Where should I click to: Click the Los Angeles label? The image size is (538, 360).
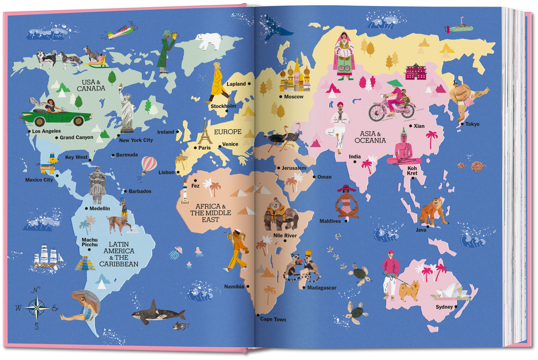coord(46,131)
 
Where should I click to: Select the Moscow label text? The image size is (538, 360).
coord(293,97)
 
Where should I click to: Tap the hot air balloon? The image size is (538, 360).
coord(149,166)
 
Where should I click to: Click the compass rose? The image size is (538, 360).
coord(37,308)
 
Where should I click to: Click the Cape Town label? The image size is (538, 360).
coord(273,319)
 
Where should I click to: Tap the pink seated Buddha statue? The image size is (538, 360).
coord(403,149)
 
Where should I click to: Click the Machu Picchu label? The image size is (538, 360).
coord(90,242)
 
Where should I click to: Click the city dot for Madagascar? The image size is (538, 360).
coord(304,288)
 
